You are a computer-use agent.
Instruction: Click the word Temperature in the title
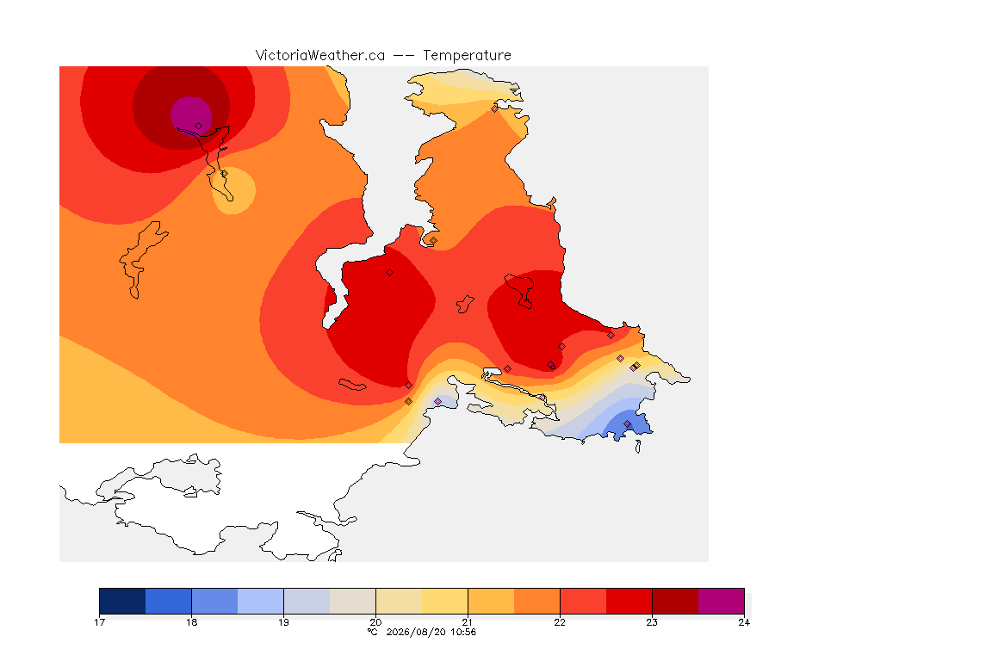coord(467,56)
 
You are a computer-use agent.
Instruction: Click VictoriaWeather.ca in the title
coord(320,56)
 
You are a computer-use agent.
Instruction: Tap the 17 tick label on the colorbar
coord(99,622)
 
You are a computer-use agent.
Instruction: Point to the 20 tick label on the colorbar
coord(375,622)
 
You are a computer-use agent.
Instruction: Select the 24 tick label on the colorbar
coord(744,622)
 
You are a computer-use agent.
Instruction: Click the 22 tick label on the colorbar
coord(560,622)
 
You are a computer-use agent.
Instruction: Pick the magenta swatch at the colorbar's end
coord(722,601)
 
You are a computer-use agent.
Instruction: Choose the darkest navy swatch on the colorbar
coord(123,601)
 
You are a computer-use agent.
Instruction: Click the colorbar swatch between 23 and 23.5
coord(675,601)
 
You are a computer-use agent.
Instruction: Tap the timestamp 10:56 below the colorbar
coord(463,632)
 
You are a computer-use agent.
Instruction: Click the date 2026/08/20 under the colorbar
coord(416,632)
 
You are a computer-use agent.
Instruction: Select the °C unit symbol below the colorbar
coord(373,632)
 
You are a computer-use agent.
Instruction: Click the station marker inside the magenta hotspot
coord(199,127)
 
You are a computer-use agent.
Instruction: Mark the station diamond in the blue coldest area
coord(627,423)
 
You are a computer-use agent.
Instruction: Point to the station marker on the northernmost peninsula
coord(495,108)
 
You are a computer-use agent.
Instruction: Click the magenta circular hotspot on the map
coord(191,115)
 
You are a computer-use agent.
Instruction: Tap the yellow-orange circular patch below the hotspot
coord(233,190)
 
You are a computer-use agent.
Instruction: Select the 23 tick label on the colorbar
coord(652,622)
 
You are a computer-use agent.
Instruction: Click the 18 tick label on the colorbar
coord(192,622)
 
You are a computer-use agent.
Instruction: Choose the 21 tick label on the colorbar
coord(468,622)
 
